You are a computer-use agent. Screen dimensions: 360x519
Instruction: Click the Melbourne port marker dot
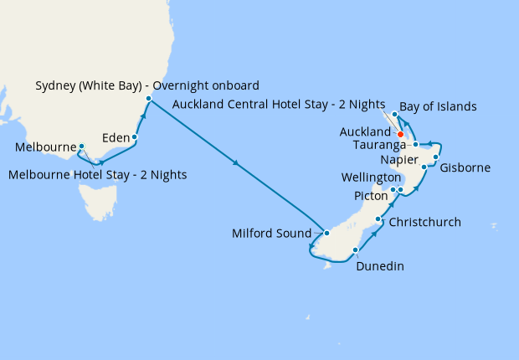81,146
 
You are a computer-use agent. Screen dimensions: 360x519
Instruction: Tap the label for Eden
115,136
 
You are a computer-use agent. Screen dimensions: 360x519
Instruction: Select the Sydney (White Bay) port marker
148,100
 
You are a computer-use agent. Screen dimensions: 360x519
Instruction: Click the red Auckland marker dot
401,134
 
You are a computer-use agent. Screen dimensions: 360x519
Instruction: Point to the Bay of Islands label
438,106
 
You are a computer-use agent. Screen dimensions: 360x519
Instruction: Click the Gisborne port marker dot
436,157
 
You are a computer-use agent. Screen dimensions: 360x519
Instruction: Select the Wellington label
371,177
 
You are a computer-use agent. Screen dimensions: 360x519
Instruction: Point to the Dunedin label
380,266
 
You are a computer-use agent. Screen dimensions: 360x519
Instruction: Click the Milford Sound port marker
327,234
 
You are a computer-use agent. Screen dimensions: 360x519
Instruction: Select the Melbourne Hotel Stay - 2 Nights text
97,175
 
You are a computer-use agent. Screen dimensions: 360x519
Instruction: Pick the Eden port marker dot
135,136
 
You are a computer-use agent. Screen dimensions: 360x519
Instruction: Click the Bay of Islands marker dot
394,113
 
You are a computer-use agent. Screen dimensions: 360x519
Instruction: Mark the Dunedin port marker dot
357,249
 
